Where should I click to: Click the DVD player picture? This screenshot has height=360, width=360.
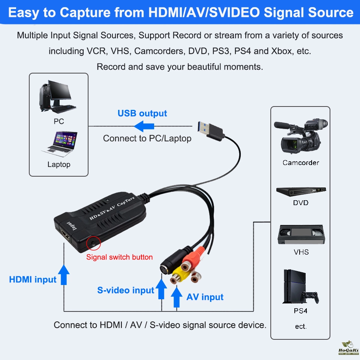pyautogui.click(x=301, y=191)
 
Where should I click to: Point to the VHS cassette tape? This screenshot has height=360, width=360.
pyautogui.click(x=300, y=235)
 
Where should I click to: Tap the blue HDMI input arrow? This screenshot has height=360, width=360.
pyautogui.click(x=65, y=274)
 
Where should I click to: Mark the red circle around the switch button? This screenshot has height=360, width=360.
pyautogui.click(x=93, y=243)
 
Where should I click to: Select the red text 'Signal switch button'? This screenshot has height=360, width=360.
pyautogui.click(x=119, y=257)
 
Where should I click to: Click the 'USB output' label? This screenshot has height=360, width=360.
pyautogui.click(x=142, y=113)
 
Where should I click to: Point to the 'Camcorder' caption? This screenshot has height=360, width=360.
pyautogui.click(x=300, y=163)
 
